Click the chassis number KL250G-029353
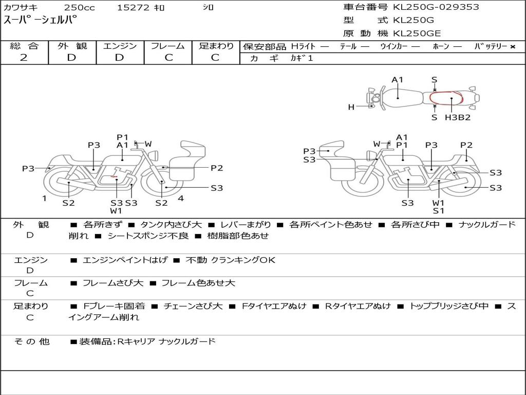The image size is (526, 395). (436, 7)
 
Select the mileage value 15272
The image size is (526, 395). (133, 7)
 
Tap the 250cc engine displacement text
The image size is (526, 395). (80, 7)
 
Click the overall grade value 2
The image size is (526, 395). (24, 58)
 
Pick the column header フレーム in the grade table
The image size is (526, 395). (168, 46)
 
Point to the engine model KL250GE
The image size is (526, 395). (417, 33)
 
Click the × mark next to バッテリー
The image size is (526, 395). (513, 47)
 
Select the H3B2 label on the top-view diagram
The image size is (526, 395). (458, 117)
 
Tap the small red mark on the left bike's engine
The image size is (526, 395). (114, 176)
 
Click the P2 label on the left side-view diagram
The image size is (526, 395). (217, 168)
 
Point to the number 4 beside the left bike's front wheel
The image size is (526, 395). (181, 198)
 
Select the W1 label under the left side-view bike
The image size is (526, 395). (116, 211)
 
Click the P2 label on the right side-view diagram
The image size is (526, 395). (466, 145)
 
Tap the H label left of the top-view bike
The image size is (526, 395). (351, 107)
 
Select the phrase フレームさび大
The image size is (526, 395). (112, 283)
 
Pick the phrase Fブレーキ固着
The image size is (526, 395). (114, 306)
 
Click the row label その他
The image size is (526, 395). (32, 342)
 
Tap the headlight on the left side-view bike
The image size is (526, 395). (154, 155)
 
